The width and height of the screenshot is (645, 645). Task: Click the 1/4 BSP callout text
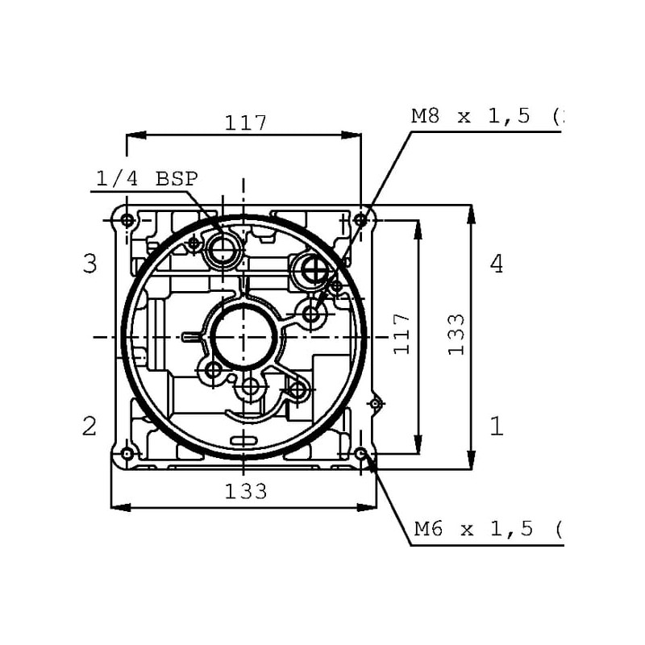click(x=147, y=179)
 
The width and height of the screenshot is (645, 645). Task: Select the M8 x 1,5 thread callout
click(x=487, y=116)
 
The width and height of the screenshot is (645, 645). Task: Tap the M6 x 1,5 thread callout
click(x=488, y=529)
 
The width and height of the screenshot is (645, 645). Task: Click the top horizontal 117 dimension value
click(x=246, y=123)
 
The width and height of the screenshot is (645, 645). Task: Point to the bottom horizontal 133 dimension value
click(x=246, y=491)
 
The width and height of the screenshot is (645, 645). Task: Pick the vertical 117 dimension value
click(x=402, y=334)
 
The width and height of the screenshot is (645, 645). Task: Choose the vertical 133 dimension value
click(x=456, y=335)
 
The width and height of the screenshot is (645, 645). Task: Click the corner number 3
click(x=89, y=264)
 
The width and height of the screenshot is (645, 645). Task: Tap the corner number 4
click(x=497, y=264)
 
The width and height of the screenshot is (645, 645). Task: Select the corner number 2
click(x=89, y=427)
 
